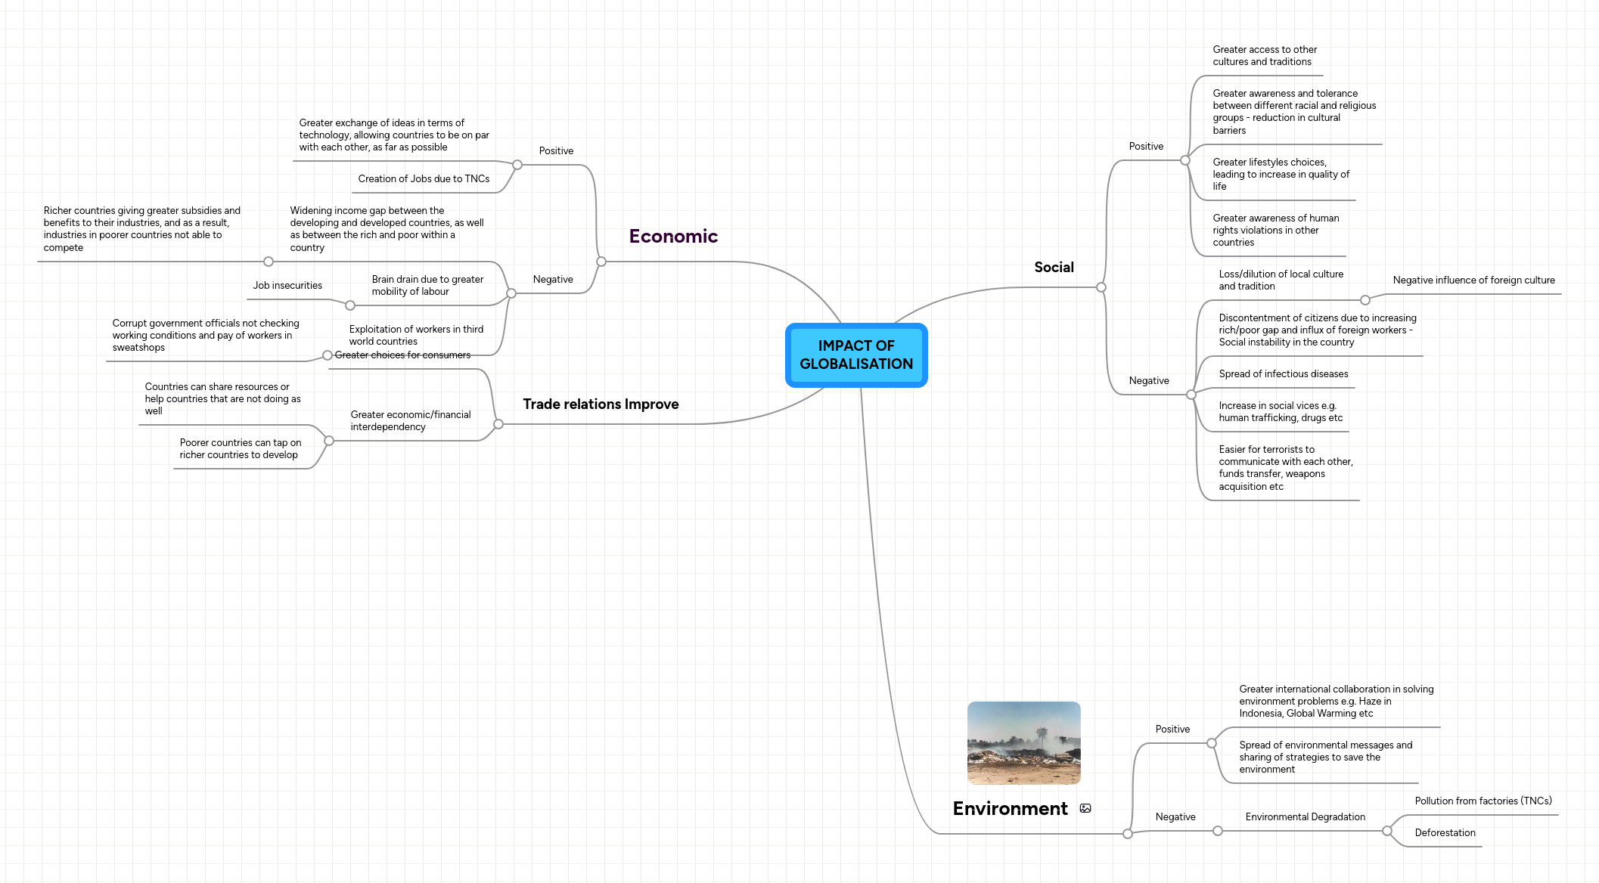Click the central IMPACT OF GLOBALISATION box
coord(856,355)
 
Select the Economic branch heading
coord(673,237)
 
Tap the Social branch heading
coord(1054,267)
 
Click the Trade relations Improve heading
coord(601,404)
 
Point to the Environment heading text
coord(1010,808)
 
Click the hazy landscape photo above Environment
coord(1023,742)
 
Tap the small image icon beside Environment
coord(1085,808)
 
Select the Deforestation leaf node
coord(1445,832)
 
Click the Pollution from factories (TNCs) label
coord(1483,801)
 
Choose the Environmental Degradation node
coord(1305,816)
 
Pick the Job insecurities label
coord(287,285)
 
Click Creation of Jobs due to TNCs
coord(424,178)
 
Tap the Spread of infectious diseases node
coord(1283,373)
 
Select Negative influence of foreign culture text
coord(1473,280)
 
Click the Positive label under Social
coord(1146,146)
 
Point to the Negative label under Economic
coord(553,279)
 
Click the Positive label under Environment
coord(1172,729)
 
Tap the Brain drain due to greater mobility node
coord(427,285)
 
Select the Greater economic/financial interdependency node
coord(410,420)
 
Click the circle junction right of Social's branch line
coord(1101,287)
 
